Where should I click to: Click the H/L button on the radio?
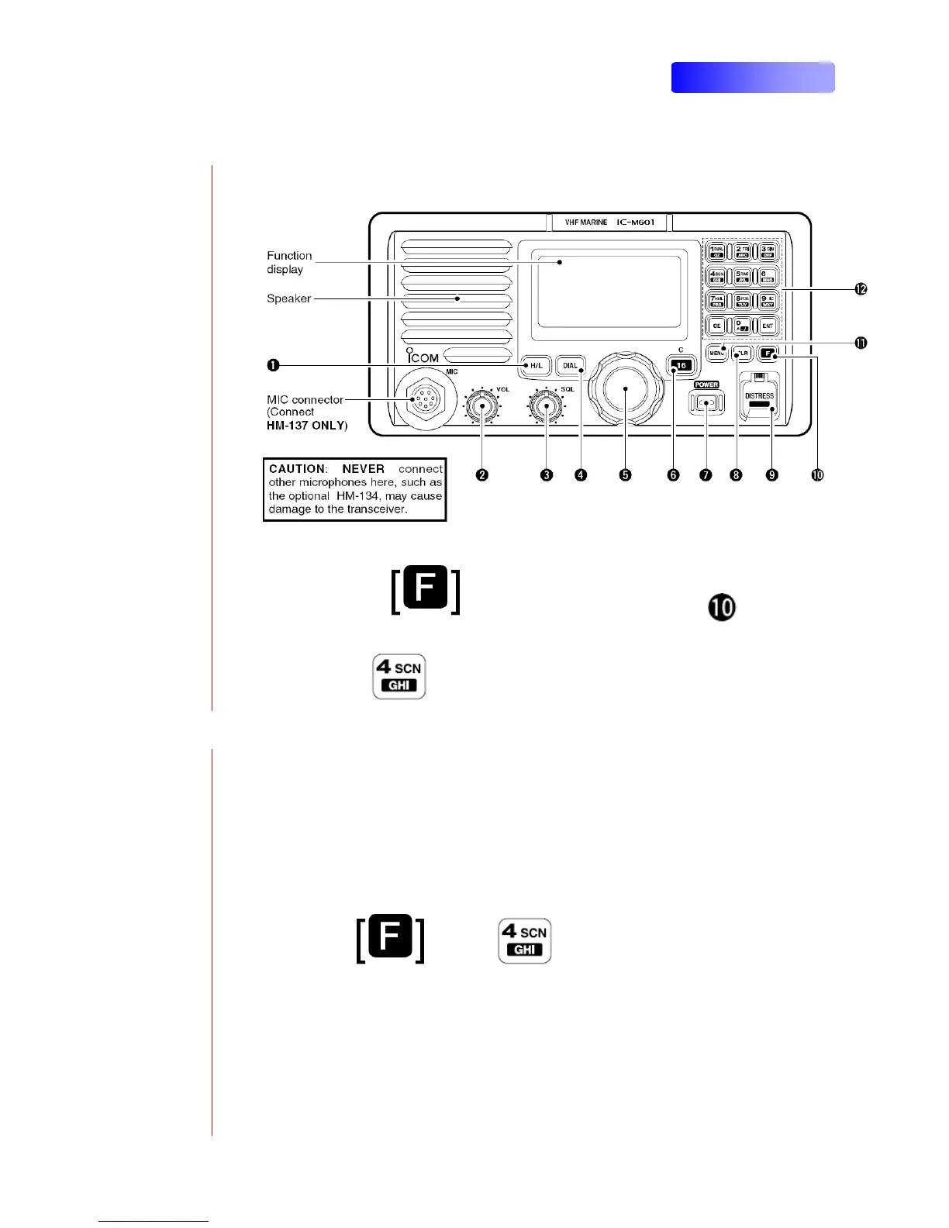pyautogui.click(x=536, y=365)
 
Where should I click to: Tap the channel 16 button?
pyautogui.click(x=681, y=365)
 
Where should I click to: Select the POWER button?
pyautogui.click(x=706, y=402)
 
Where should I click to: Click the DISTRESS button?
pyautogui.click(x=760, y=398)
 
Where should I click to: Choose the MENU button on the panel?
pyautogui.click(x=716, y=354)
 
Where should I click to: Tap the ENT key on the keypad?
pyautogui.click(x=768, y=326)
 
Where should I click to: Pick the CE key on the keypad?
pyautogui.click(x=716, y=326)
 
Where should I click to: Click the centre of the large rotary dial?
pyautogui.click(x=626, y=388)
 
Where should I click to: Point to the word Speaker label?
pyautogui.click(x=289, y=298)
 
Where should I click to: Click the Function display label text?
pyautogui.click(x=289, y=262)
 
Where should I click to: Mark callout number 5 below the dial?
pyautogui.click(x=625, y=474)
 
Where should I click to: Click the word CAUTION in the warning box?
pyautogui.click(x=297, y=469)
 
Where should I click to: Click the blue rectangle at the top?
pyautogui.click(x=752, y=78)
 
